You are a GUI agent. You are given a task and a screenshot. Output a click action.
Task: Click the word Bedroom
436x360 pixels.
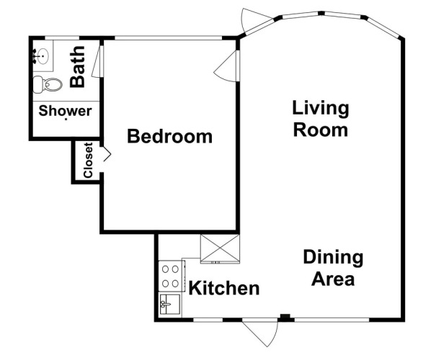pyautogui.click(x=169, y=136)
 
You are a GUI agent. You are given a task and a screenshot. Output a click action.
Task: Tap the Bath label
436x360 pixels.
pyautogui.click(x=77, y=66)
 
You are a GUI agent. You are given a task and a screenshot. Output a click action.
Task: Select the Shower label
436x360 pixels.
pyautogui.click(x=65, y=111)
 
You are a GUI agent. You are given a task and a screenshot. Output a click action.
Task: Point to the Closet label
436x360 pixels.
pyautogui.click(x=88, y=160)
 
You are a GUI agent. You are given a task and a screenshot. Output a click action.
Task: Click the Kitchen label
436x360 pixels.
pyautogui.click(x=224, y=288)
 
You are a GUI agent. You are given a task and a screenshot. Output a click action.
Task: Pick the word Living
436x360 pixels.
pyautogui.click(x=320, y=108)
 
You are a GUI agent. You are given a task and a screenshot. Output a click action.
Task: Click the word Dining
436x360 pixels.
pyautogui.click(x=333, y=258)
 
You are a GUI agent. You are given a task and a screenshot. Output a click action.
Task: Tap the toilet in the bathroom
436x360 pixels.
pyautogui.click(x=48, y=84)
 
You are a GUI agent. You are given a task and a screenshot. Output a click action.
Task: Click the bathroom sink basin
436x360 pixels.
pyautogui.click(x=43, y=56)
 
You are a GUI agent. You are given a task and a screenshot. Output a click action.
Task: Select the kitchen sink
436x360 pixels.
pyautogui.click(x=169, y=304)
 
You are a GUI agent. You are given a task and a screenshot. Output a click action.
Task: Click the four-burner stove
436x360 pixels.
pyautogui.click(x=171, y=276)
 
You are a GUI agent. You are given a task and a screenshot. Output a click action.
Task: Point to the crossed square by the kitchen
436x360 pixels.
pyautogui.click(x=220, y=248)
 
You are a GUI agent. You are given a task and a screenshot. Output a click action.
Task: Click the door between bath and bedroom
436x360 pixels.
pyautogui.click(x=98, y=61)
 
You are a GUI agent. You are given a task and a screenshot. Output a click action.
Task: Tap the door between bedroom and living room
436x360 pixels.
pyautogui.click(x=227, y=66)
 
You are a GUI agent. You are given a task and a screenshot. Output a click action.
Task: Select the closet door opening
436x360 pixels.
pyautogui.click(x=106, y=154)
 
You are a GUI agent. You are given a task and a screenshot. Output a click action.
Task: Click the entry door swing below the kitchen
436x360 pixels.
pyautogui.click(x=261, y=333)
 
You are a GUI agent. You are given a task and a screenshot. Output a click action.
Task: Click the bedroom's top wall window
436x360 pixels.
pyautogui.click(x=168, y=37)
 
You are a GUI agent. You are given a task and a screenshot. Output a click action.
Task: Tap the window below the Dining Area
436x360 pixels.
pyautogui.click(x=332, y=320)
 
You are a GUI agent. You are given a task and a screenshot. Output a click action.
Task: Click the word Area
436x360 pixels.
pyautogui.click(x=333, y=279)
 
